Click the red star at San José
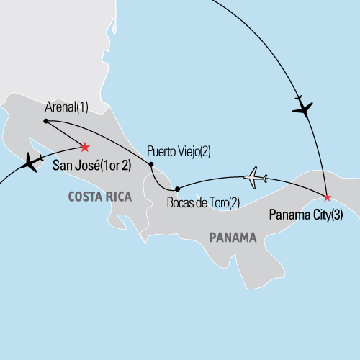point(84,147)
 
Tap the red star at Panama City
point(326,197)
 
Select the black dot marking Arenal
point(45,121)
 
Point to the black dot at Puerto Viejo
point(151,165)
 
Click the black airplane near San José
point(30,162)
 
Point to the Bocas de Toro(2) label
point(202,204)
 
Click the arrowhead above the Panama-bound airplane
point(298,97)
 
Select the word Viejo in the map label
point(191,152)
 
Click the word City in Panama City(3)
point(314,214)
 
